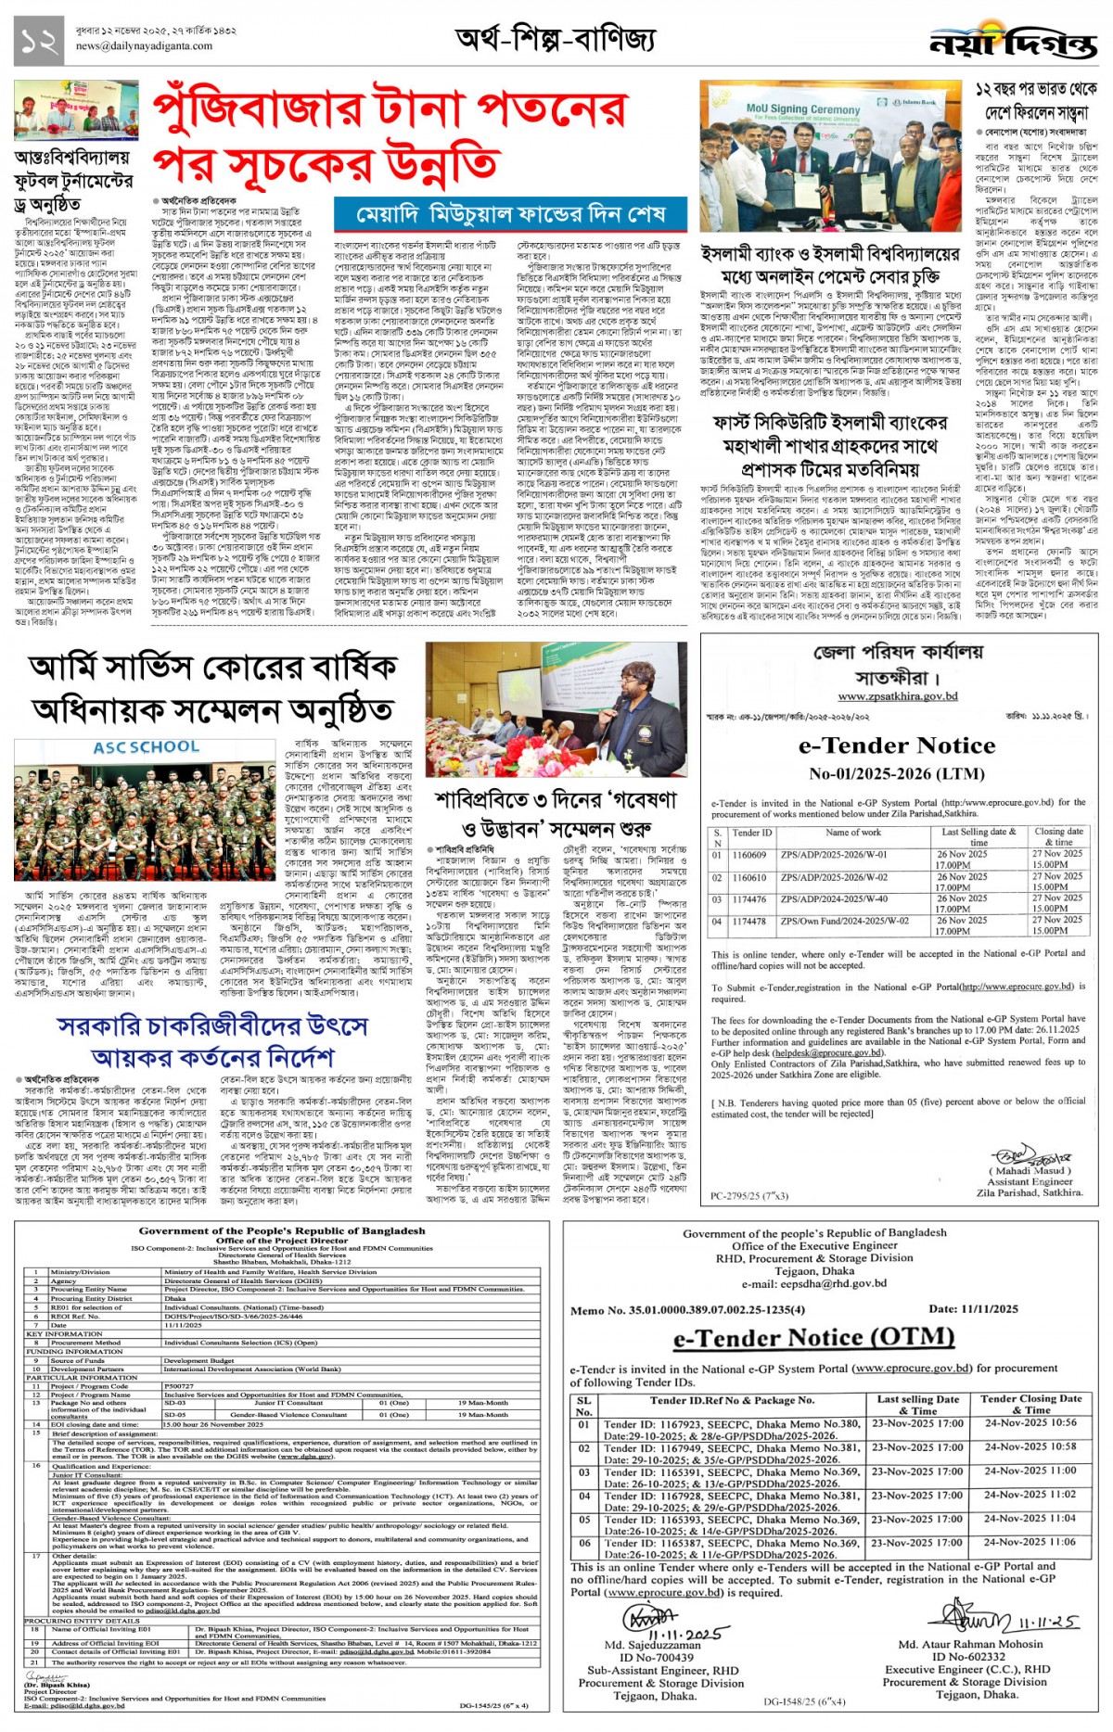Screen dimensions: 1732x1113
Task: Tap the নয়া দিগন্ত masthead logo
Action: pyautogui.click(x=1013, y=43)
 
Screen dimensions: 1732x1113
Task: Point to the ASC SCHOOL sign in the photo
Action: pyautogui.click(x=146, y=747)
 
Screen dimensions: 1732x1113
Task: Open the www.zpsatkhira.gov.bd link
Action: pyautogui.click(x=898, y=696)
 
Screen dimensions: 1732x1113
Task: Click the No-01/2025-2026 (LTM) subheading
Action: pyautogui.click(x=897, y=773)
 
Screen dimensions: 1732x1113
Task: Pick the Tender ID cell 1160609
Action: pyautogui.click(x=749, y=855)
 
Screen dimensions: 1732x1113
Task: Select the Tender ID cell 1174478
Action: pyautogui.click(x=749, y=922)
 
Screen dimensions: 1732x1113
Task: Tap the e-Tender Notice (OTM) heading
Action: pyautogui.click(x=813, y=1338)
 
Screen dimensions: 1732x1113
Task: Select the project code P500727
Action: pyautogui.click(x=179, y=1386)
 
